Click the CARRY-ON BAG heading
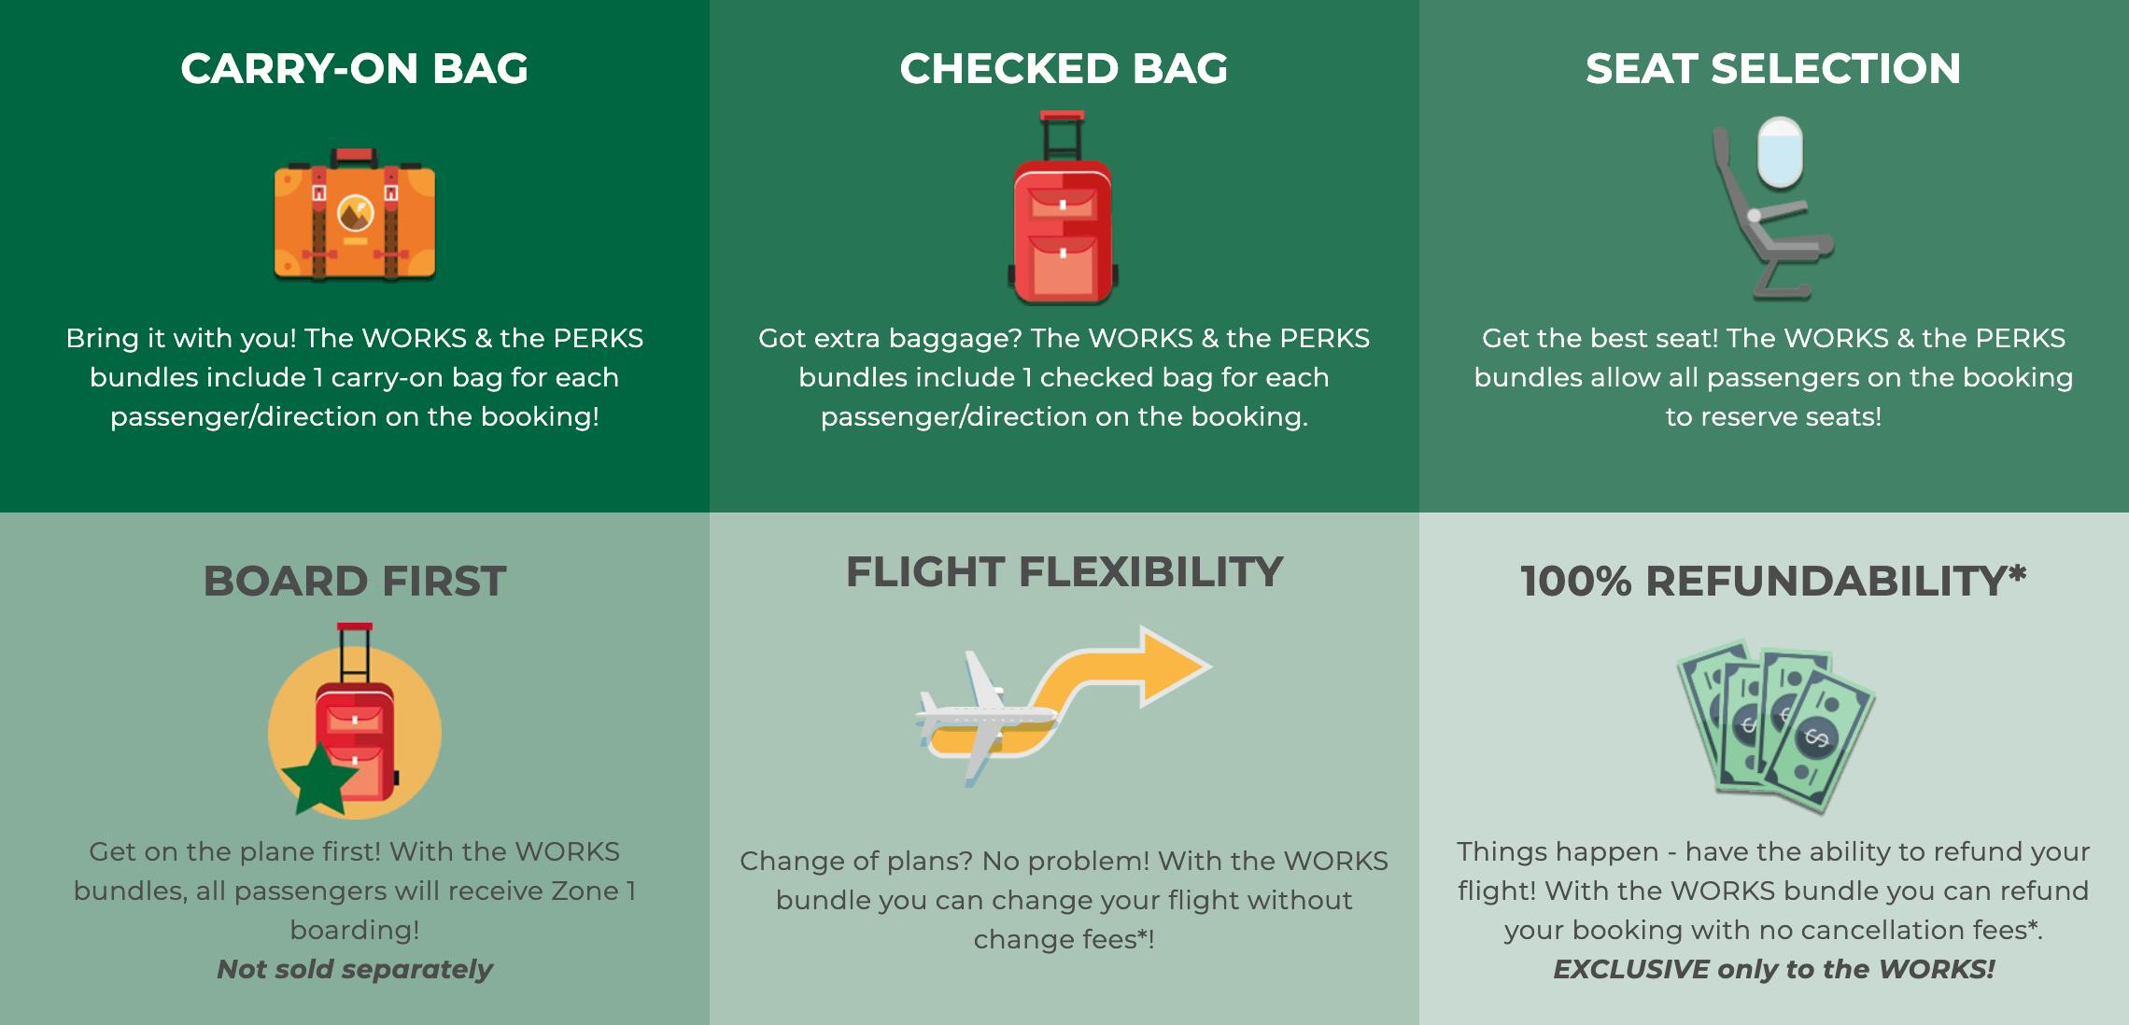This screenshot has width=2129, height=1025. [354, 69]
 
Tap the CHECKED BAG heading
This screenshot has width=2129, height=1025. [1064, 69]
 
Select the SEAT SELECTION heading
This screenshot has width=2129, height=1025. [1773, 69]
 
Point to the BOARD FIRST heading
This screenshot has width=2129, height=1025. [354, 582]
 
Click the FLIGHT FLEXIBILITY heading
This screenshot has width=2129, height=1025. [1064, 572]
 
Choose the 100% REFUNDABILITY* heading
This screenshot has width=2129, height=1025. [1773, 582]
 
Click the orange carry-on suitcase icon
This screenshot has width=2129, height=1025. [354, 219]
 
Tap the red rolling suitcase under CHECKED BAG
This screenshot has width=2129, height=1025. [1063, 233]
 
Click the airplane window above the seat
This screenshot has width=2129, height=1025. [1779, 152]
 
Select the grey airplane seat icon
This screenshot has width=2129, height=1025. [1765, 233]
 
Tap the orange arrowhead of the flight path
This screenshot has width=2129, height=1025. [1172, 667]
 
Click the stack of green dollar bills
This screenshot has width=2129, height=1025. [1774, 723]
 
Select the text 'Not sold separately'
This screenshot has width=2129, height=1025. [354, 970]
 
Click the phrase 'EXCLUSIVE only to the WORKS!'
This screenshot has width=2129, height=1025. [1773, 970]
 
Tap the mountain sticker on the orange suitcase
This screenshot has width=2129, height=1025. [355, 214]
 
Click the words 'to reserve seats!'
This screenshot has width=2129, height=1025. [1773, 417]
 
